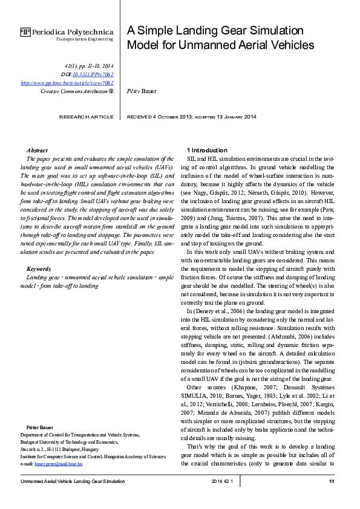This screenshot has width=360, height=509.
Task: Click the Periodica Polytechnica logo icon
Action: tap(25, 32)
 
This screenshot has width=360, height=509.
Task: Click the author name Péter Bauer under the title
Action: tap(141, 91)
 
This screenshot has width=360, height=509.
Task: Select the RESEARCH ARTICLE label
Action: tap(85, 116)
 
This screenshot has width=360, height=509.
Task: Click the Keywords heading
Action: tap(39, 268)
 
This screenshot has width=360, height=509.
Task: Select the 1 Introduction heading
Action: tap(207, 149)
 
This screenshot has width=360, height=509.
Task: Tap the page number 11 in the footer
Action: tap(332, 481)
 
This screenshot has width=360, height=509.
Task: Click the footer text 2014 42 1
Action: tap(226, 481)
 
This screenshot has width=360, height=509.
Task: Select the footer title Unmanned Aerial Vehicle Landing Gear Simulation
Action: tap(73, 481)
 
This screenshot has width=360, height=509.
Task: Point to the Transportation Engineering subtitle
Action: tap(84, 39)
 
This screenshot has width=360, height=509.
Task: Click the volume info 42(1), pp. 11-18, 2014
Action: tap(89, 65)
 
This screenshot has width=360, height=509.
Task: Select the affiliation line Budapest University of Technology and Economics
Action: tap(73, 442)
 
